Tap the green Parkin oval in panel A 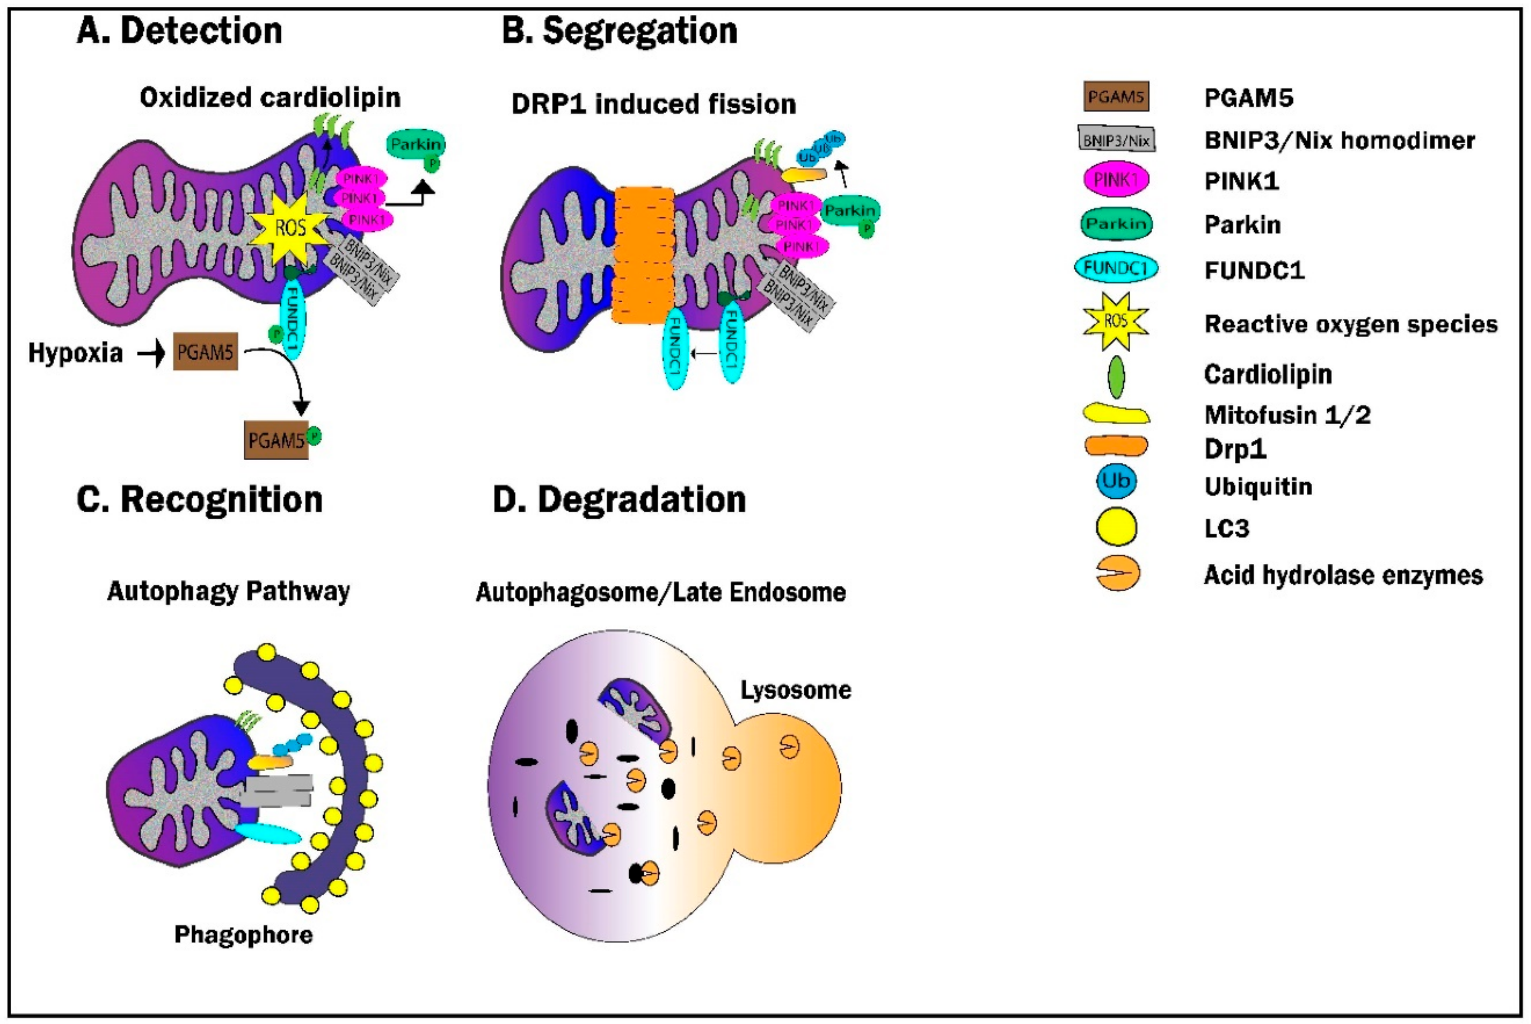click(x=416, y=144)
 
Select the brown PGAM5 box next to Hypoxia click(x=205, y=352)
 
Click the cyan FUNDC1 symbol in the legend click(x=1115, y=268)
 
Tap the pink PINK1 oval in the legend click(x=1116, y=179)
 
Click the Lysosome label click(x=795, y=690)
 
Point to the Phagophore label click(x=244, y=934)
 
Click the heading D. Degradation click(x=619, y=500)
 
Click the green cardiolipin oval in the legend click(x=1116, y=376)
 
